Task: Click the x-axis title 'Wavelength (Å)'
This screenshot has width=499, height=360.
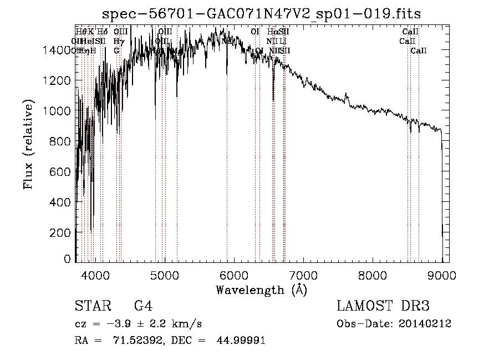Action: [262, 289]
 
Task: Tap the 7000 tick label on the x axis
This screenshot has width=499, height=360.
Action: [303, 275]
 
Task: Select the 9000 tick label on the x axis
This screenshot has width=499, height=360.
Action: [442, 275]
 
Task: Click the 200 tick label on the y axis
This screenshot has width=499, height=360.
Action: [62, 233]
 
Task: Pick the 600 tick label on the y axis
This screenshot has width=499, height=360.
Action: [62, 172]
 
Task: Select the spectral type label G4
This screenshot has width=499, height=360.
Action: [143, 306]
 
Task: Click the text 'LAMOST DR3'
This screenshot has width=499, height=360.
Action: [383, 306]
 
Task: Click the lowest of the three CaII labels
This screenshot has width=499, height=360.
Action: [419, 51]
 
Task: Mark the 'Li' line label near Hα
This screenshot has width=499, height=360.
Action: [283, 41]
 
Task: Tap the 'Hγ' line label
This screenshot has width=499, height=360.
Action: [118, 41]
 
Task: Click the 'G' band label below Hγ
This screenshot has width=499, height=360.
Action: [116, 51]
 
